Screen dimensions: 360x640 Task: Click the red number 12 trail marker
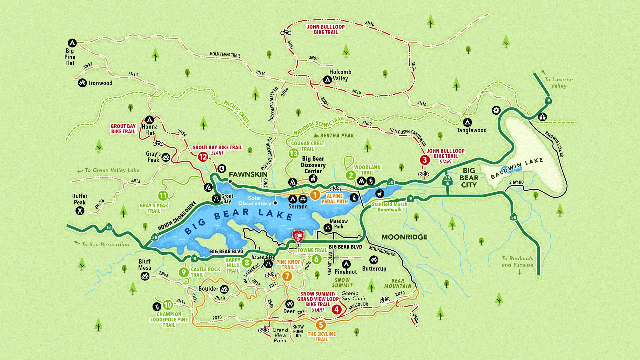[203, 157]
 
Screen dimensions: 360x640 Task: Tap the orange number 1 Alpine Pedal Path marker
[315, 195]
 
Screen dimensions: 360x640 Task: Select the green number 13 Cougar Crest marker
[293, 153]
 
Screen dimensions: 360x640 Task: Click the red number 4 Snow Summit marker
[337, 309]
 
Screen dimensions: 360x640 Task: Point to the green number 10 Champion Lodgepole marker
[168, 305]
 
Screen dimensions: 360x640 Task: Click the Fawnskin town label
[248, 174]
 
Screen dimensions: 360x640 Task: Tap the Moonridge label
[404, 237]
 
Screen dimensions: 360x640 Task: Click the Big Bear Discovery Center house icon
[313, 178]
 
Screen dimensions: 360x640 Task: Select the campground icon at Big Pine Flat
[72, 43]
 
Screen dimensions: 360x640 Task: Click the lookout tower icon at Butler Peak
[80, 211]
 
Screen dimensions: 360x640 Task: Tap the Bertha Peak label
[337, 136]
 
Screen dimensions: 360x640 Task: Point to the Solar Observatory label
[255, 201]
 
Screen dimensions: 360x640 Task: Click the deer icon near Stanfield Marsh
[380, 194]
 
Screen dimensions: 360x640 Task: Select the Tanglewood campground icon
[467, 122]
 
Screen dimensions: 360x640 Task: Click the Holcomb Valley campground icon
[327, 79]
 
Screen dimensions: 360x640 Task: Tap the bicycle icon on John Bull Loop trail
[286, 32]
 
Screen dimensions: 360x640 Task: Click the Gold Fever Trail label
[225, 55]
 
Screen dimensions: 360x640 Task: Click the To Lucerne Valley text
[558, 83]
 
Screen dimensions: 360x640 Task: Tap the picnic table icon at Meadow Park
[328, 227]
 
